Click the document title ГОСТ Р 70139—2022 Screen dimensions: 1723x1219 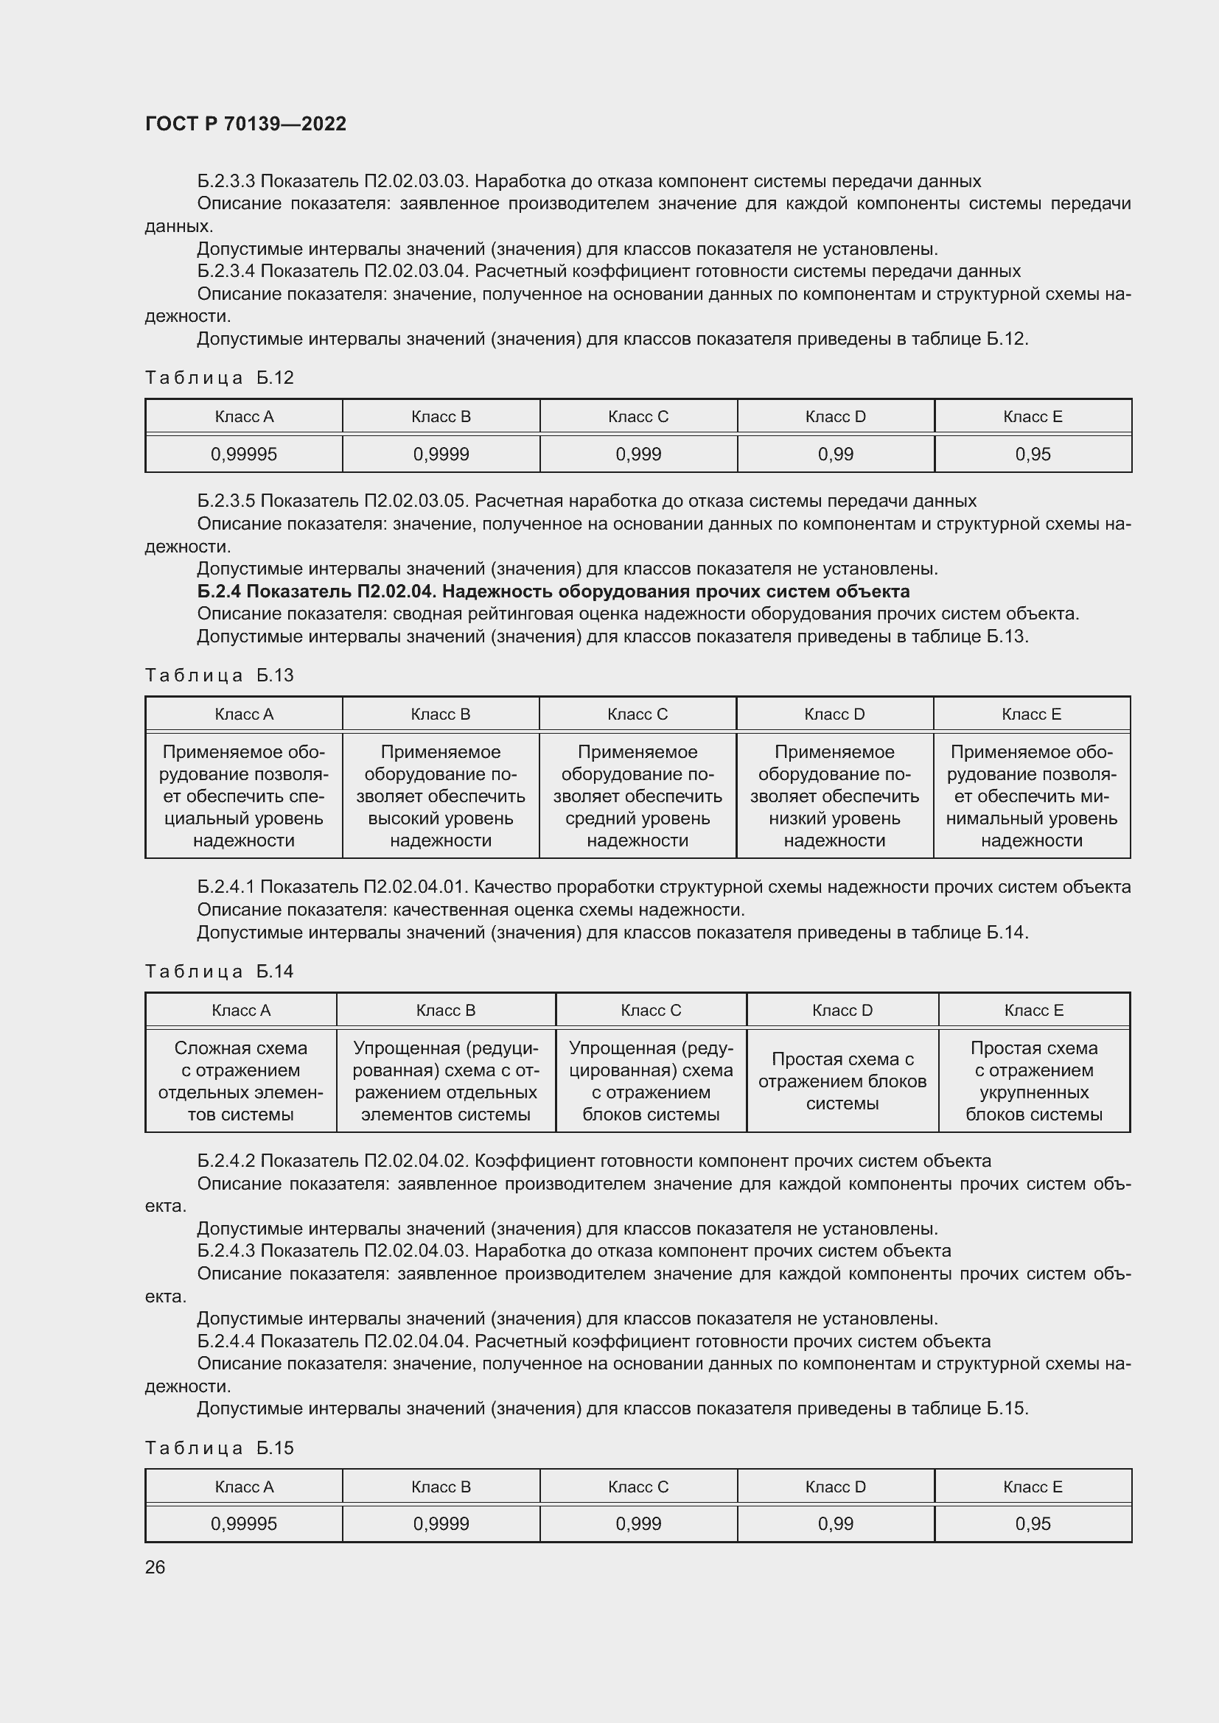click(245, 124)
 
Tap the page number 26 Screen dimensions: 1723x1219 click(155, 1567)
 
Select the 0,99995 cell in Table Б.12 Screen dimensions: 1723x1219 click(244, 454)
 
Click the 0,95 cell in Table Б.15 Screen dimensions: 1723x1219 click(1033, 1523)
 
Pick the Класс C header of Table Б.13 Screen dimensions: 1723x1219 click(638, 714)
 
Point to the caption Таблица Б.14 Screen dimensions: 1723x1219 click(219, 971)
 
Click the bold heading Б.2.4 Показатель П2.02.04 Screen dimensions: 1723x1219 click(553, 592)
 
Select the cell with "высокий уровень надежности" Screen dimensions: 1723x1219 click(441, 796)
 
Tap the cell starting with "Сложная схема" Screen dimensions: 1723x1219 click(241, 1081)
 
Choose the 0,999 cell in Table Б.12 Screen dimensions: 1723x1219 click(638, 454)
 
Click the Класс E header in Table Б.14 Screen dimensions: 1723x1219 click(1033, 1010)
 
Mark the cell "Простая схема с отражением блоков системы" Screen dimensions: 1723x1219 click(842, 1081)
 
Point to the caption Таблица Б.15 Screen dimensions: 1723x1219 click(219, 1447)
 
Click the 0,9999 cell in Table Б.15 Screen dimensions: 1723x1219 click(441, 1523)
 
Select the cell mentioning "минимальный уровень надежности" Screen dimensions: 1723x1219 click(1031, 796)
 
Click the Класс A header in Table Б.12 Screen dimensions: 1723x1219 click(244, 416)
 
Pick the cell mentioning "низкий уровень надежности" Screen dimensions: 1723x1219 click(835, 796)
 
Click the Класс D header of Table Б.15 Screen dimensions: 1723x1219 click(836, 1487)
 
